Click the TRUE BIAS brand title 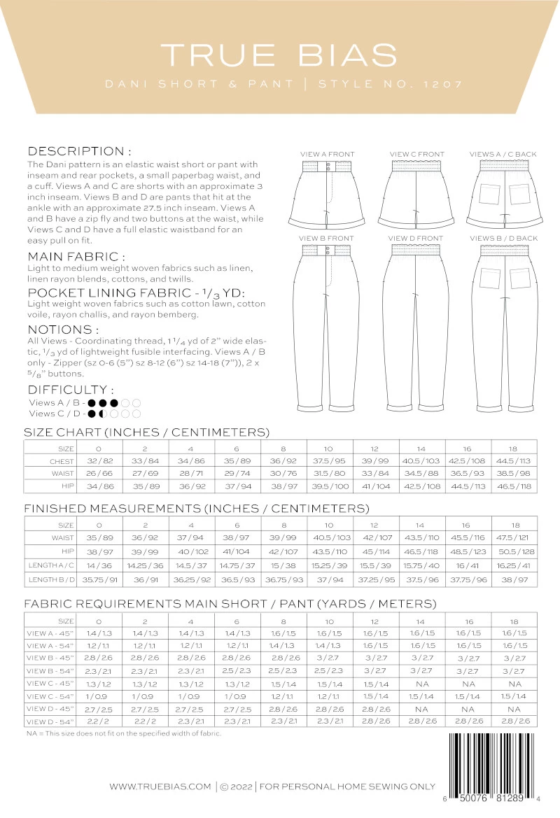(x=279, y=55)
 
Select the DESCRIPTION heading (x=79, y=151)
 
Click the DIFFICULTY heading (x=71, y=390)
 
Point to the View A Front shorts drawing (x=327, y=193)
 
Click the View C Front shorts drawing (x=416, y=193)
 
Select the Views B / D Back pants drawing (x=503, y=329)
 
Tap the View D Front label (x=416, y=239)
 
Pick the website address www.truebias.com (x=160, y=787)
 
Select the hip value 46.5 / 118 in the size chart (x=514, y=484)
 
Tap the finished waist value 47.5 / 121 (x=514, y=537)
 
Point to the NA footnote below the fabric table (x=123, y=733)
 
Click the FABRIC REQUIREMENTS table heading (x=230, y=604)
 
